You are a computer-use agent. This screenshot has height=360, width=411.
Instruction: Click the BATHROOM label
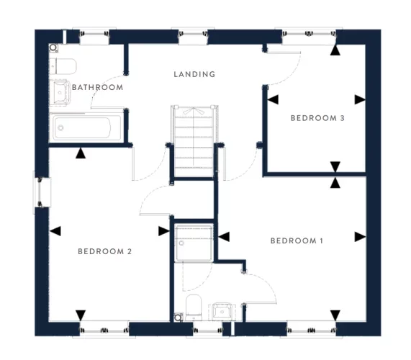click(97, 87)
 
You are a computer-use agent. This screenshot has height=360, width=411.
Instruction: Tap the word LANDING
click(194, 74)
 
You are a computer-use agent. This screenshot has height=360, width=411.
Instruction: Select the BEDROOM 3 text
click(317, 117)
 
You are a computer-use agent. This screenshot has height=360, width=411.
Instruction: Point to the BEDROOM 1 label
click(297, 240)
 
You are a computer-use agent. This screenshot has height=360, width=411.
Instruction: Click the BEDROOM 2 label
click(104, 251)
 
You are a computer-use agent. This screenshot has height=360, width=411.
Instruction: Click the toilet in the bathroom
click(63, 66)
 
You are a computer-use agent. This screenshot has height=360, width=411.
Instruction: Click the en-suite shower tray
click(195, 241)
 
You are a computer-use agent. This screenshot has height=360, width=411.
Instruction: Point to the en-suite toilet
click(193, 307)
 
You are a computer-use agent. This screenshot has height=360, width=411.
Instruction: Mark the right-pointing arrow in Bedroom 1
click(360, 236)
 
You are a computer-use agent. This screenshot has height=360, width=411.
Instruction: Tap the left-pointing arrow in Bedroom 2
click(55, 231)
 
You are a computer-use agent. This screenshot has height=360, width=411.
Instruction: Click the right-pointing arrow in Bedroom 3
click(360, 99)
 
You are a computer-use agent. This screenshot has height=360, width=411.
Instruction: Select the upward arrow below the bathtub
click(81, 152)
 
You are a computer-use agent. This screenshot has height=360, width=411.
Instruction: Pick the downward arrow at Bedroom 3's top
click(335, 50)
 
